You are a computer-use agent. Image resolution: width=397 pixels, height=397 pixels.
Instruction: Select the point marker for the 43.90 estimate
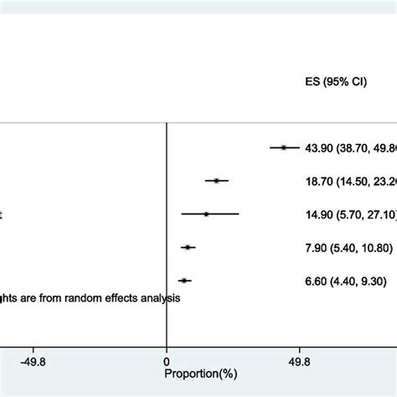click(284, 147)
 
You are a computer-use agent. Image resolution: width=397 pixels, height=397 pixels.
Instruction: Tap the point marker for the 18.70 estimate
click(216, 181)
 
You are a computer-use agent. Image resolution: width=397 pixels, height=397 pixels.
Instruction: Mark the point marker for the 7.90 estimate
click(188, 247)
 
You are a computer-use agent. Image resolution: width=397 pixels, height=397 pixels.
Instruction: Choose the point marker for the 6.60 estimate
click(184, 280)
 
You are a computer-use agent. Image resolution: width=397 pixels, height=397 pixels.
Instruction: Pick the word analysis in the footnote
click(158, 296)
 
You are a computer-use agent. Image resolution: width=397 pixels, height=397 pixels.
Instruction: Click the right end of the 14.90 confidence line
click(239, 214)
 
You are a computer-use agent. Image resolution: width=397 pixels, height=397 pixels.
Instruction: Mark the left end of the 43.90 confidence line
click(270, 147)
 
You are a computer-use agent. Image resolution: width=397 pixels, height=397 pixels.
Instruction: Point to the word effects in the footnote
click(116, 296)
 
